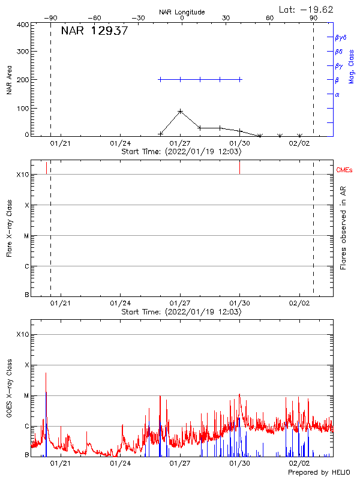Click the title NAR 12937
pos(94,32)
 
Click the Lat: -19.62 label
pos(307,9)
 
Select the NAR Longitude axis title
pos(182,12)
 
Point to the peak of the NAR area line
pos(180,111)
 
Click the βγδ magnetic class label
pos(341,37)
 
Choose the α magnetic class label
pos(337,94)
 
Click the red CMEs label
pos(345,170)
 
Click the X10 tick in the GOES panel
pos(23,334)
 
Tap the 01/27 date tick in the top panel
pos(180,144)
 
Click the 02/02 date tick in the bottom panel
pos(299,464)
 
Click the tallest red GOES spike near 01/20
pos(46,373)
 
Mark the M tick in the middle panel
pos(26,236)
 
